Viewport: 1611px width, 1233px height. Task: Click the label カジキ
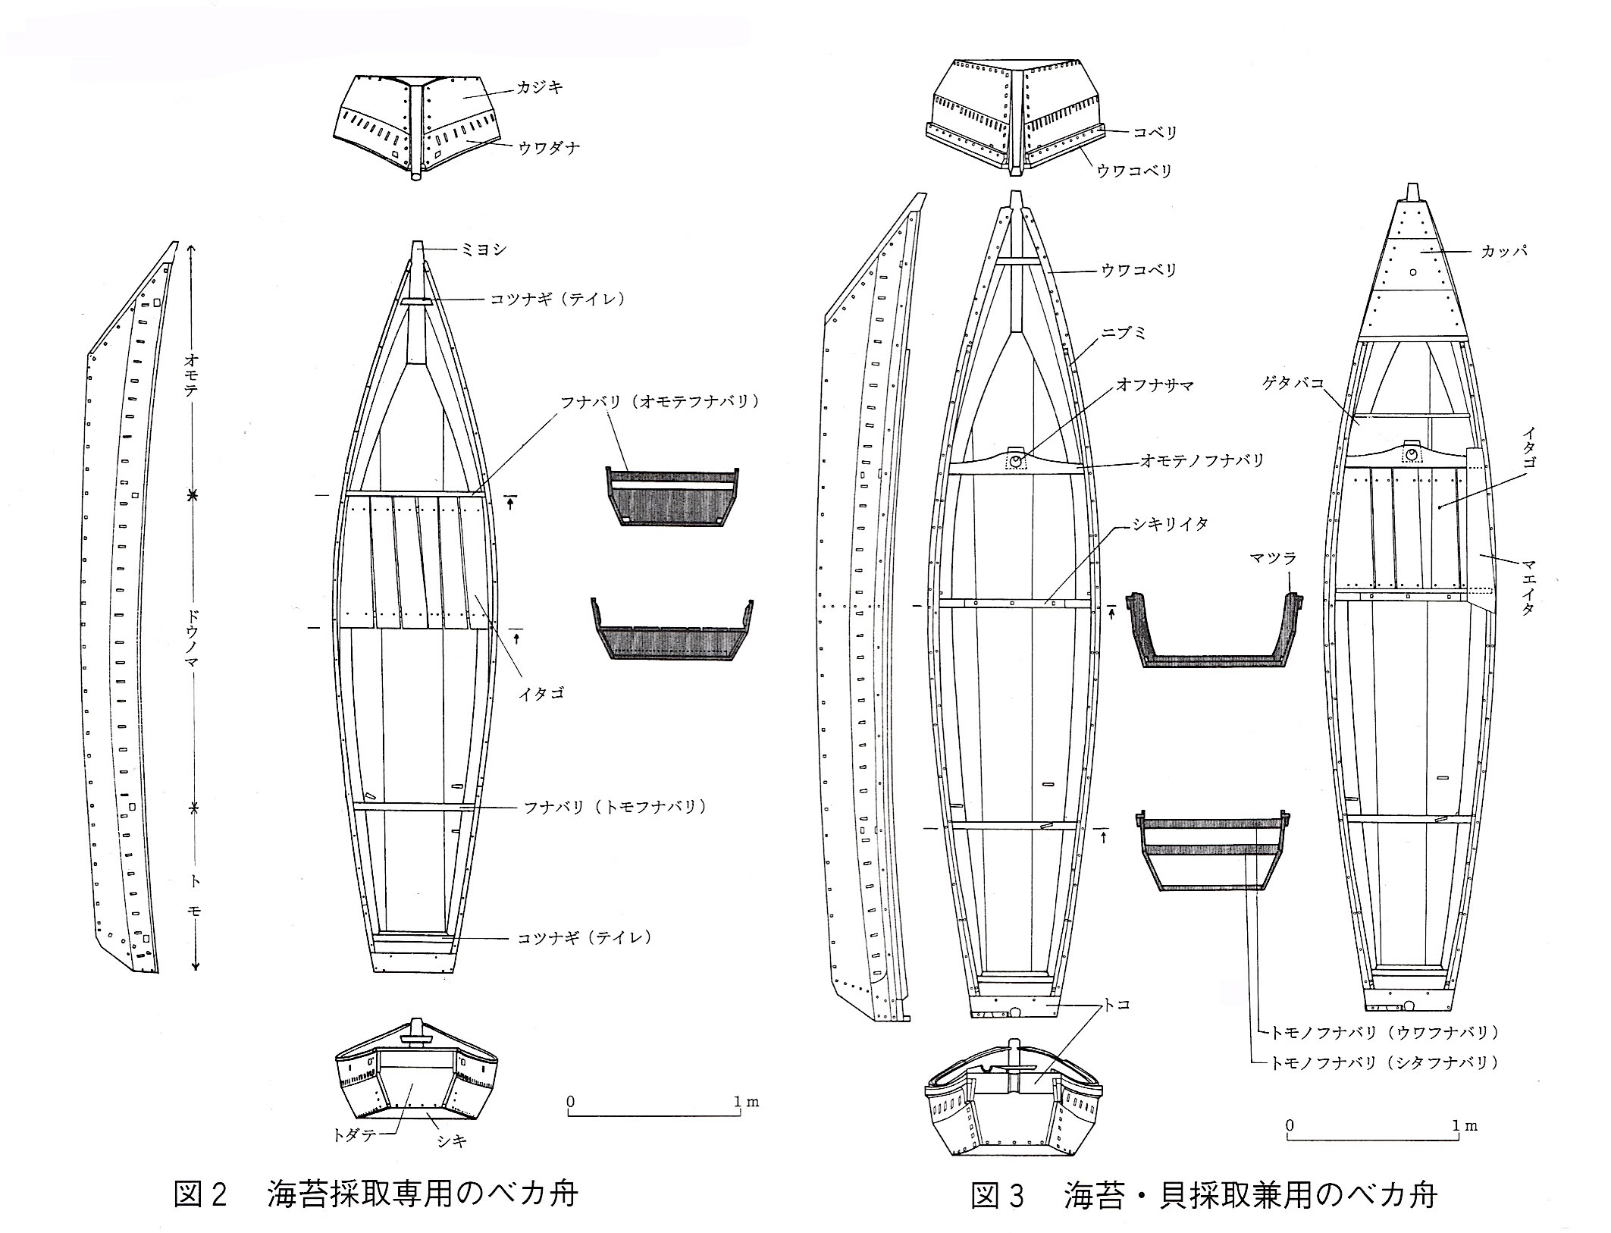coord(540,89)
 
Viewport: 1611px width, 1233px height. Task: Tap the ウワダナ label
coord(549,148)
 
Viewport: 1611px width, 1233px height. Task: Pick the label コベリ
coord(1156,133)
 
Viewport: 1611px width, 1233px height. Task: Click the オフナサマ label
coord(1155,386)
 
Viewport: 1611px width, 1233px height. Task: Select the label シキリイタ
coord(1171,524)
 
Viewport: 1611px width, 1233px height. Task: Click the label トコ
coord(1117,1005)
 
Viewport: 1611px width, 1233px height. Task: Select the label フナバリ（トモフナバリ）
coord(616,808)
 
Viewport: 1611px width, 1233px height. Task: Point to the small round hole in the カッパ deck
coord(1412,271)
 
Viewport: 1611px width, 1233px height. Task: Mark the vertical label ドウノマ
coord(193,648)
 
